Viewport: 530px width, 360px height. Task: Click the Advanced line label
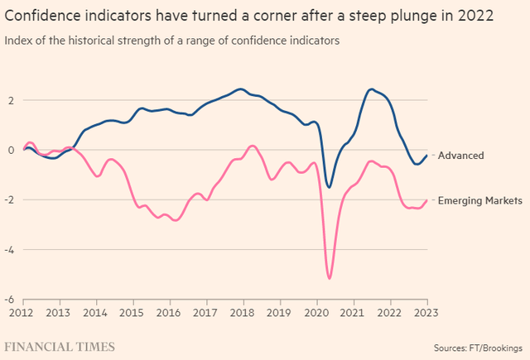460,155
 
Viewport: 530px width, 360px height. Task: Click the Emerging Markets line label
479,200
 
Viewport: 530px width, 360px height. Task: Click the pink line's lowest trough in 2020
330,278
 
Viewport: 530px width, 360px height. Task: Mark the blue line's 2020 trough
329,187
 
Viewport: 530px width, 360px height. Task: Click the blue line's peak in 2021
371,89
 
